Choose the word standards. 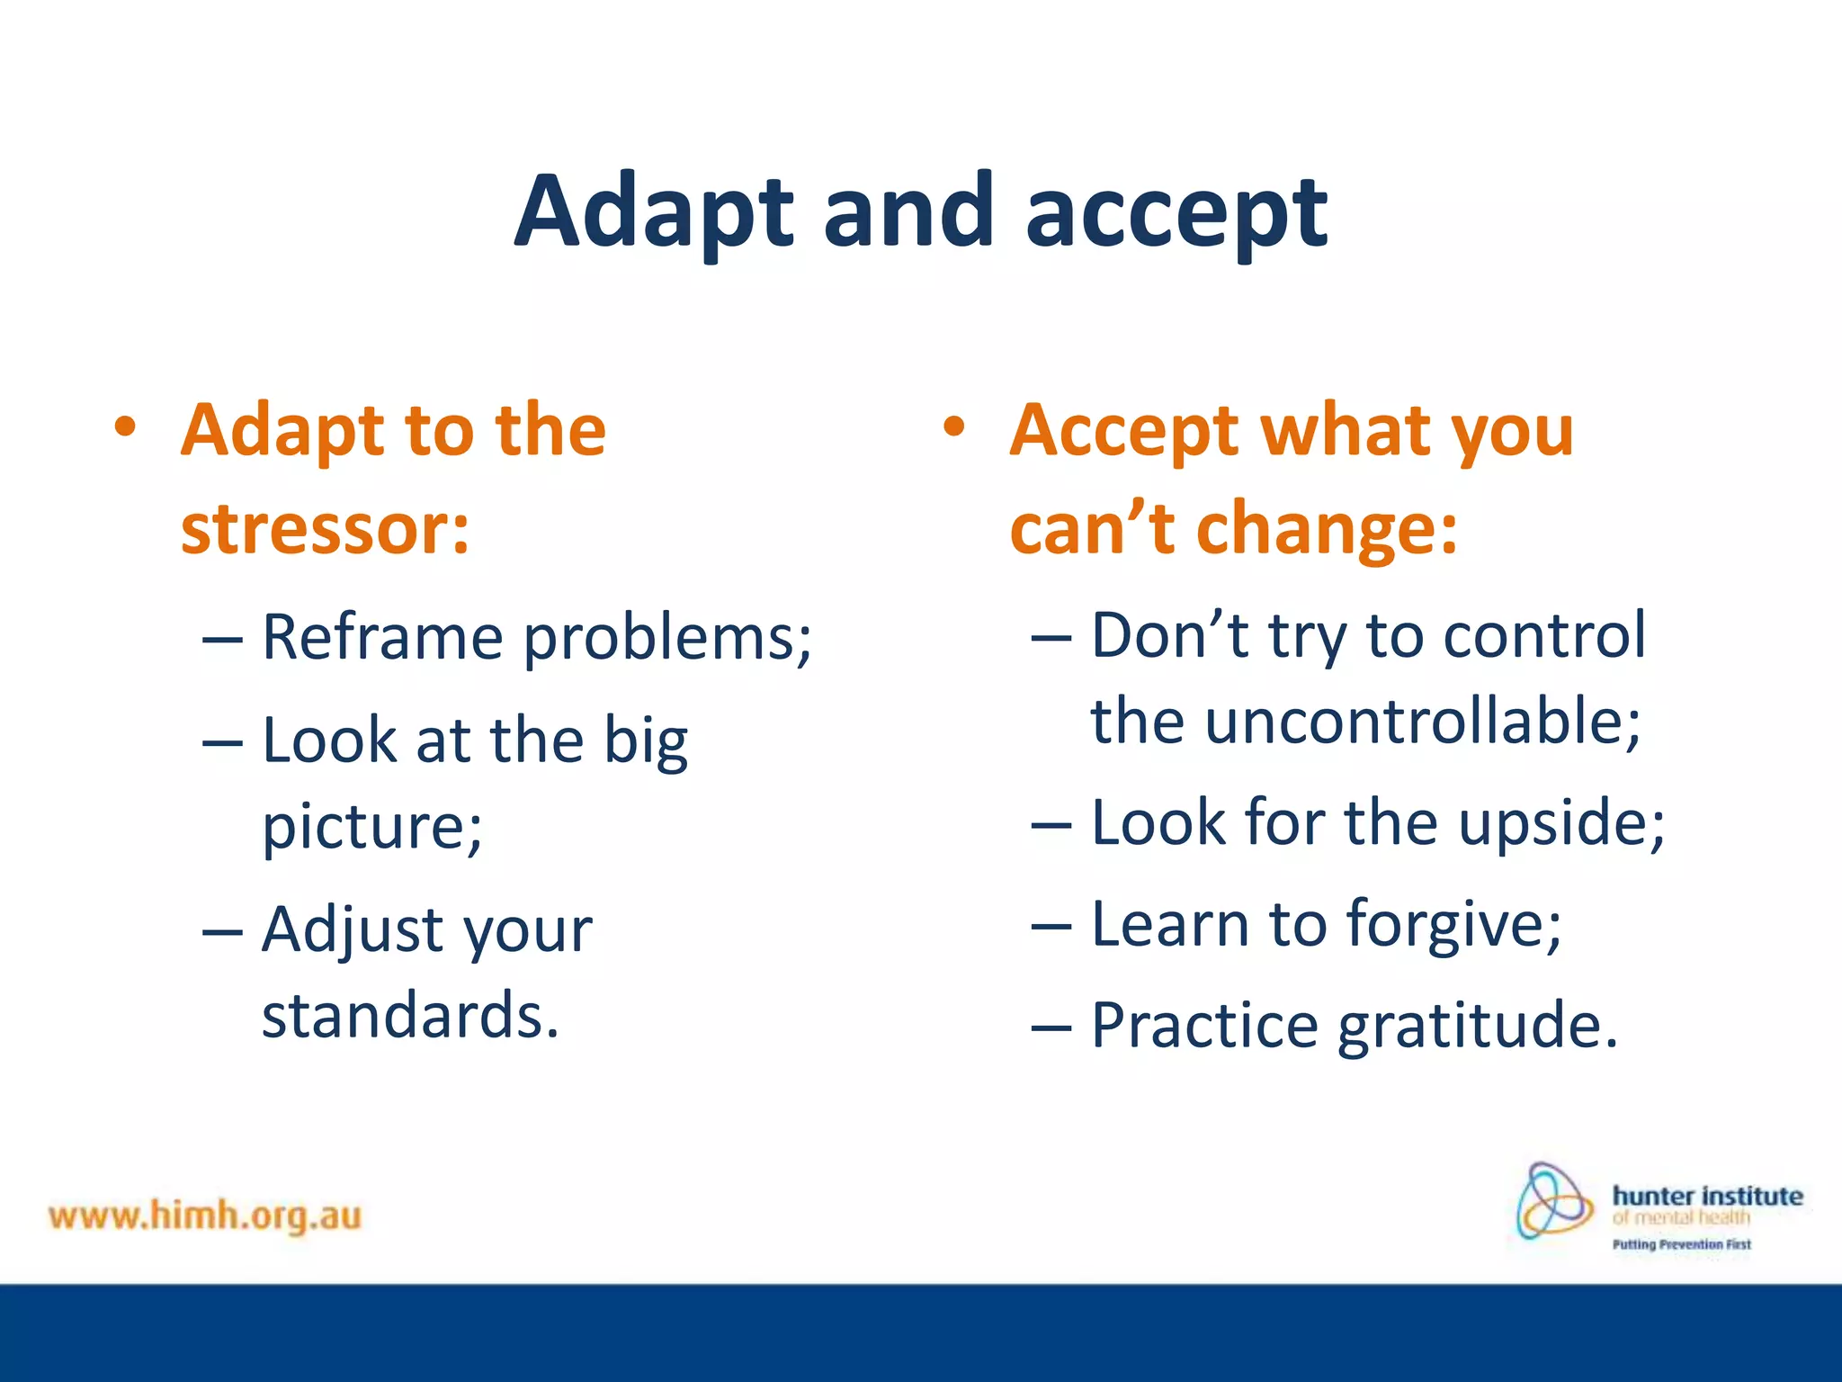410,1016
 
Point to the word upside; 1561,823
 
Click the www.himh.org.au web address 205,1216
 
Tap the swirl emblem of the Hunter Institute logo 1552,1202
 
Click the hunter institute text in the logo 1707,1197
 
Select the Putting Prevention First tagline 1681,1245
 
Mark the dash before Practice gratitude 1051,1027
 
